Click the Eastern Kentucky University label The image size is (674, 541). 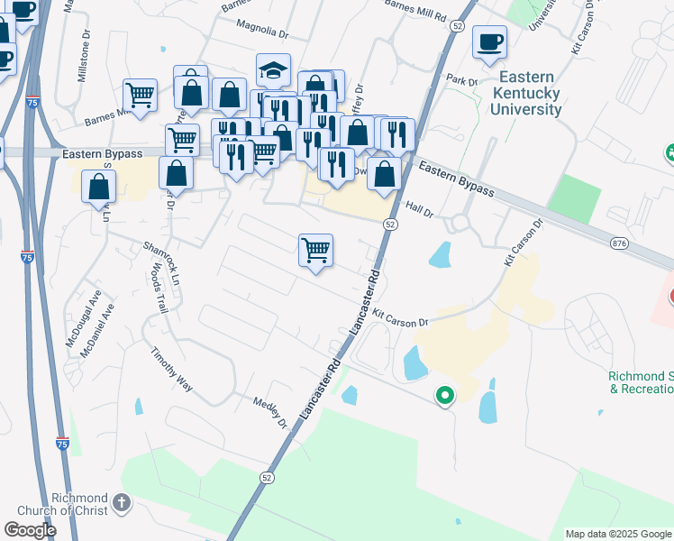[526, 94]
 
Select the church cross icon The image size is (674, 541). [123, 501]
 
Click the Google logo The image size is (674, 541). [31, 530]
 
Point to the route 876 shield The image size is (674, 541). [618, 243]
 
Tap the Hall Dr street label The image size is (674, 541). [420, 210]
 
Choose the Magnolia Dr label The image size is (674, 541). [261, 32]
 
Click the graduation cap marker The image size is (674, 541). [274, 70]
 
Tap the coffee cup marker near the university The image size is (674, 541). [489, 41]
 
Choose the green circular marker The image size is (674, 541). [444, 395]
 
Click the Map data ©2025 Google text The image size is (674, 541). [617, 534]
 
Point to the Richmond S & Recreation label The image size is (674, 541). [641, 382]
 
